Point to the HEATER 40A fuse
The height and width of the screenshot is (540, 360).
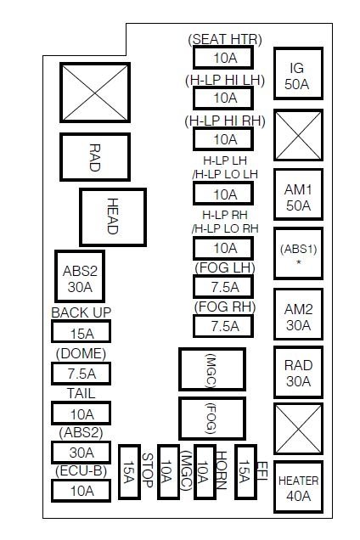click(x=297, y=487)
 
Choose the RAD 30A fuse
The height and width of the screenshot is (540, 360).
click(x=297, y=373)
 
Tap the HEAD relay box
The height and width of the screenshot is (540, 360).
click(x=112, y=217)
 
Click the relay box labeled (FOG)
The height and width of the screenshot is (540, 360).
click(x=211, y=418)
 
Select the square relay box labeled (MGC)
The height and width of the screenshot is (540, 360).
click(x=211, y=369)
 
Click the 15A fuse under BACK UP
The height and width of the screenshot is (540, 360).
click(x=82, y=334)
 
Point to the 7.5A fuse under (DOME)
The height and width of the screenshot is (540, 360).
click(x=82, y=374)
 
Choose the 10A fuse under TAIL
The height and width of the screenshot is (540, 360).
click(x=82, y=413)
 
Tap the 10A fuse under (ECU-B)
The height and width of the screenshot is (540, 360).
click(x=82, y=490)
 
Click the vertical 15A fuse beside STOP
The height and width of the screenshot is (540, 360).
click(x=129, y=471)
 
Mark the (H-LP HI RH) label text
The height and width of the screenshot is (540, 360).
click(x=224, y=120)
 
